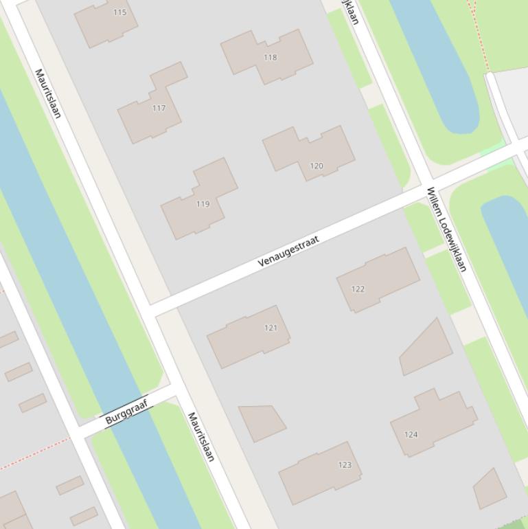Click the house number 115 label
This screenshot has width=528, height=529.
coord(119,12)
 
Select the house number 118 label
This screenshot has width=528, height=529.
coord(271,57)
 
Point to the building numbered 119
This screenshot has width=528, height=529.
coord(199,203)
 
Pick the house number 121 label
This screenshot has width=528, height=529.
coord(271,328)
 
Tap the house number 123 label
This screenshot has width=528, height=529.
coord(345,465)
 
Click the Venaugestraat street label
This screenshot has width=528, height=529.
coord(288,251)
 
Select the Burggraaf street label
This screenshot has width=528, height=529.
coord(127,412)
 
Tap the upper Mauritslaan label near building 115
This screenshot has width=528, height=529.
coord(48,93)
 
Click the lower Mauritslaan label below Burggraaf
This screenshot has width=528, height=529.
coord(201,436)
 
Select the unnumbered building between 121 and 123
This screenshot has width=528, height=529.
coord(261,421)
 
